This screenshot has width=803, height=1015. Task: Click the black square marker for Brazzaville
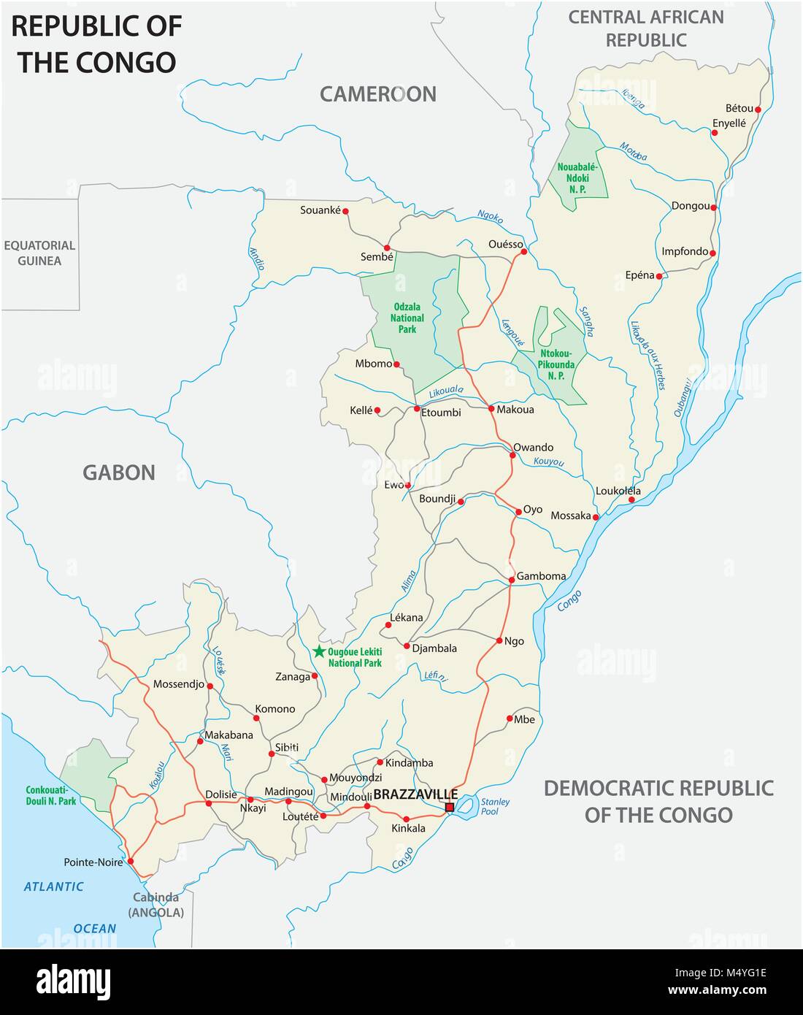point(450,807)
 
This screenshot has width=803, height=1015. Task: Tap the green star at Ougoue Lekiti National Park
point(319,651)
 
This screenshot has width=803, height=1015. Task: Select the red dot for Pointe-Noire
point(131,862)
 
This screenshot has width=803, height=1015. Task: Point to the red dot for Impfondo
point(712,254)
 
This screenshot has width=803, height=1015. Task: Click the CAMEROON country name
point(377,93)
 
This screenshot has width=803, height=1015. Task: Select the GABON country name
point(118,472)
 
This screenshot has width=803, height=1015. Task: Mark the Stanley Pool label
point(495,806)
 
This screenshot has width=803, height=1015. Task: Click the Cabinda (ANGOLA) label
point(156,905)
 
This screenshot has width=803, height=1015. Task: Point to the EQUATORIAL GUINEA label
point(39,253)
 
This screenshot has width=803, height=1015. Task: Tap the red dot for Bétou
point(758,110)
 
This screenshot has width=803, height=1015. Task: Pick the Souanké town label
point(320,210)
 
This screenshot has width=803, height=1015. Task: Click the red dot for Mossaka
point(596,517)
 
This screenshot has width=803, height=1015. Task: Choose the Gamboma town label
point(541,576)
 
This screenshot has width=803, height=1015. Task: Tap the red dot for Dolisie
point(209,803)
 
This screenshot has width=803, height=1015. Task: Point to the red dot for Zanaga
point(315,676)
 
